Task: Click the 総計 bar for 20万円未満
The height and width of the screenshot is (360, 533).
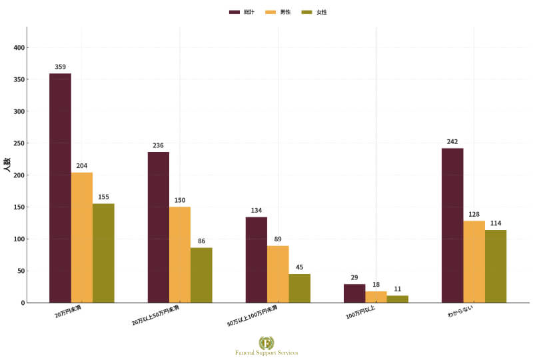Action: tap(60, 188)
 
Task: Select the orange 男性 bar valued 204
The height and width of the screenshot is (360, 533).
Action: tap(82, 237)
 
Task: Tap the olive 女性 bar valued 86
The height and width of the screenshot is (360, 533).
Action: tap(201, 275)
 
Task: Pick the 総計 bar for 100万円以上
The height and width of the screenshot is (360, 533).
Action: tap(354, 293)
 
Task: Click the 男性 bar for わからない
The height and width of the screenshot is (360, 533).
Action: tap(474, 261)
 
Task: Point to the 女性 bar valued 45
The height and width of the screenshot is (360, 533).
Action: tap(299, 288)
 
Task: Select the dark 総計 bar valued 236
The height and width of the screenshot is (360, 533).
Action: tap(159, 227)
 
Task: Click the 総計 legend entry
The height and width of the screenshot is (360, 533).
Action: tap(244, 12)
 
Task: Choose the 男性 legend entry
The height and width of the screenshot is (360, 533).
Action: tap(280, 12)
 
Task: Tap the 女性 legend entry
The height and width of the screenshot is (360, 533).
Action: tap(315, 12)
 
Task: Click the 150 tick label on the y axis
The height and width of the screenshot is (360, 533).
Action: tap(18, 207)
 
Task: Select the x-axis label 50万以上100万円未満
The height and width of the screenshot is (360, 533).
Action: tap(253, 315)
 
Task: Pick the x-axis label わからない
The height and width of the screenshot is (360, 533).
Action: tap(460, 311)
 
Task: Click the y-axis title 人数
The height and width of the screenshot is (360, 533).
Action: tap(6, 165)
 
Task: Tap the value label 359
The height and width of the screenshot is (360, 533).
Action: tap(61, 67)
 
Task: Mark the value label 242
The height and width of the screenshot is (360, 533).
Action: tap(453, 142)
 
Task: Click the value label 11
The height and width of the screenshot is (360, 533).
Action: tap(398, 289)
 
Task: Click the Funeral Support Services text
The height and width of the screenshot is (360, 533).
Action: tap(266, 353)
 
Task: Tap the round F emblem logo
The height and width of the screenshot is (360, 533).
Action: tap(266, 343)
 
